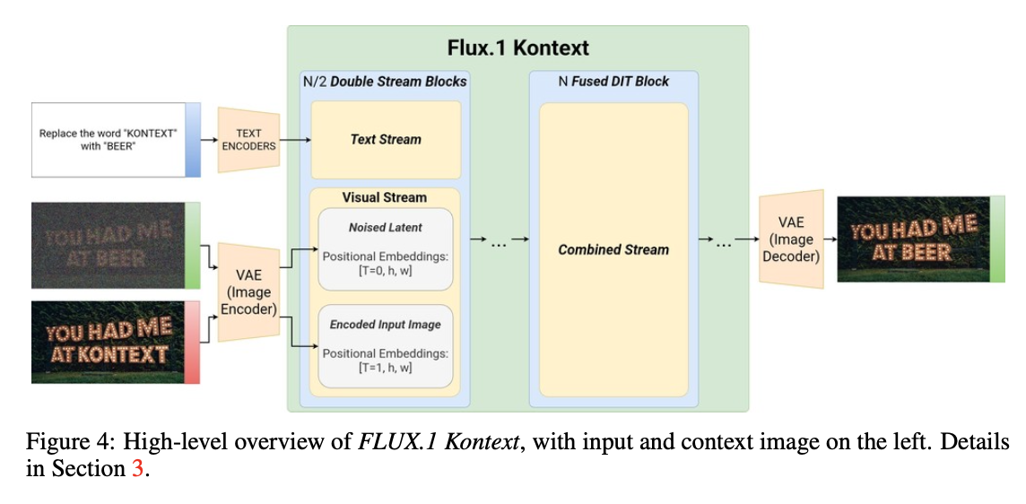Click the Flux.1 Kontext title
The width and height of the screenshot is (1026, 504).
pyautogui.click(x=517, y=48)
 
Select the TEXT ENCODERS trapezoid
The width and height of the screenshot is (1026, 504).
pyautogui.click(x=249, y=140)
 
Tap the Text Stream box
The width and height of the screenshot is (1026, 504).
pyautogui.click(x=385, y=139)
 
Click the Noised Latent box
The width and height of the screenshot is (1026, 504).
pyautogui.click(x=385, y=248)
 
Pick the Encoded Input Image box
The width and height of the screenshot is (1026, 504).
pyautogui.click(x=385, y=345)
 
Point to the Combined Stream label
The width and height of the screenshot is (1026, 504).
pyautogui.click(x=613, y=249)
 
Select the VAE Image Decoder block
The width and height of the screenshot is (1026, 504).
pyautogui.click(x=791, y=239)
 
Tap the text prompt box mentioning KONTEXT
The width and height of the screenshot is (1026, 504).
pyautogui.click(x=109, y=139)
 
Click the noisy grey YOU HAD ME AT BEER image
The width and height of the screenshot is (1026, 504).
pyautogui.click(x=109, y=245)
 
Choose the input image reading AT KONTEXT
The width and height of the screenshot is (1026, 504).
pyautogui.click(x=109, y=343)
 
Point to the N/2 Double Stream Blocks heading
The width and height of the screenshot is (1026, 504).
pyautogui.click(x=385, y=82)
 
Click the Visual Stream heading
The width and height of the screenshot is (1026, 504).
pyautogui.click(x=385, y=197)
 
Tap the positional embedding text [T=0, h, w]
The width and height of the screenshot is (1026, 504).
pyautogui.click(x=385, y=271)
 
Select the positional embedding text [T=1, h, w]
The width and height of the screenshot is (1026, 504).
pyautogui.click(x=385, y=368)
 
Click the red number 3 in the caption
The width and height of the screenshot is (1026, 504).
pyautogui.click(x=137, y=468)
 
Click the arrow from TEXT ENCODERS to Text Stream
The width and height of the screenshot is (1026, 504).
pyautogui.click(x=296, y=140)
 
